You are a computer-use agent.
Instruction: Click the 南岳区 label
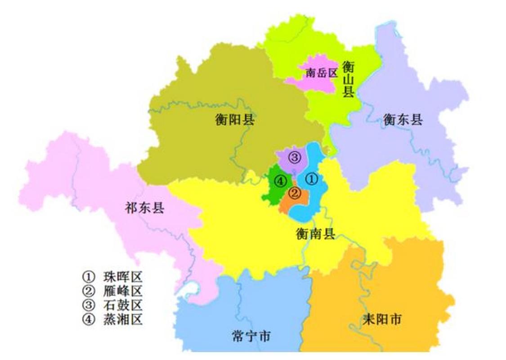(321, 73)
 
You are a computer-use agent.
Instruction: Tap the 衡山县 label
(348, 80)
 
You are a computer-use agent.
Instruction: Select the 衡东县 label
(403, 119)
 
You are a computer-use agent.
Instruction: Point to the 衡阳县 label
(234, 120)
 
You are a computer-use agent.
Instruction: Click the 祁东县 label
(144, 208)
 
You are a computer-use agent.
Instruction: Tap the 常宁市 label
(252, 336)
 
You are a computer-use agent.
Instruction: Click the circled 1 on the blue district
(312, 179)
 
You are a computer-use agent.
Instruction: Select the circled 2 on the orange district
(295, 193)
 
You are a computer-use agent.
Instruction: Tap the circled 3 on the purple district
(294, 157)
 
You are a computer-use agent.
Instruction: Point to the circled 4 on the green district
(280, 181)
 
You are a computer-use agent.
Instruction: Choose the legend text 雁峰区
(123, 291)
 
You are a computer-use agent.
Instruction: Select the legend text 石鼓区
(123, 305)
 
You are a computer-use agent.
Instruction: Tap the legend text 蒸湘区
(123, 320)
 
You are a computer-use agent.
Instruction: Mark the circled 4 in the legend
(88, 320)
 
